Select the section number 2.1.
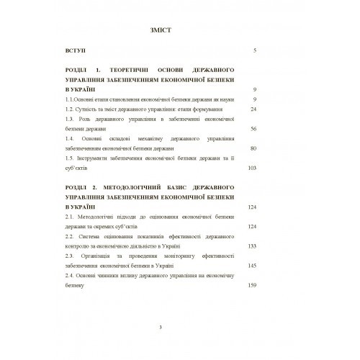[x=69, y=216]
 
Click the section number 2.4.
[x=69, y=275]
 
